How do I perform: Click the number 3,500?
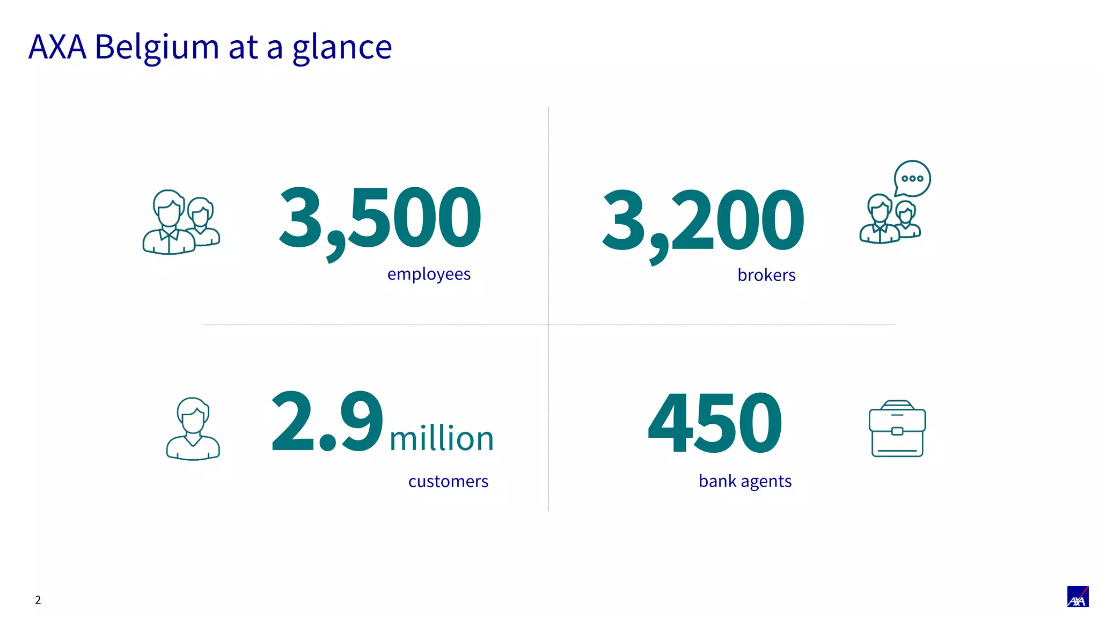click(380, 218)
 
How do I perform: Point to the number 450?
click(715, 423)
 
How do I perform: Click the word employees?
click(429, 274)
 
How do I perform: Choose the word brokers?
click(766, 275)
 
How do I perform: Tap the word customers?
click(448, 481)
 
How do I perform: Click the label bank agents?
click(745, 481)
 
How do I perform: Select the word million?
click(441, 438)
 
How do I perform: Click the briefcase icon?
click(897, 429)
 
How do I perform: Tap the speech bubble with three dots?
click(912, 178)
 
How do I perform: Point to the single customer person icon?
click(193, 429)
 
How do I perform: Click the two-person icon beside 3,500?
click(181, 222)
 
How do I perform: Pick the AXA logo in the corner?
click(1078, 597)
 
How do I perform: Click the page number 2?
click(38, 600)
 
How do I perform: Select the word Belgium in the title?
click(157, 47)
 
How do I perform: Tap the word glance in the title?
click(342, 47)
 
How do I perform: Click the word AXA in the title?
click(57, 47)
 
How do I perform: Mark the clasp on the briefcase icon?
click(897, 431)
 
